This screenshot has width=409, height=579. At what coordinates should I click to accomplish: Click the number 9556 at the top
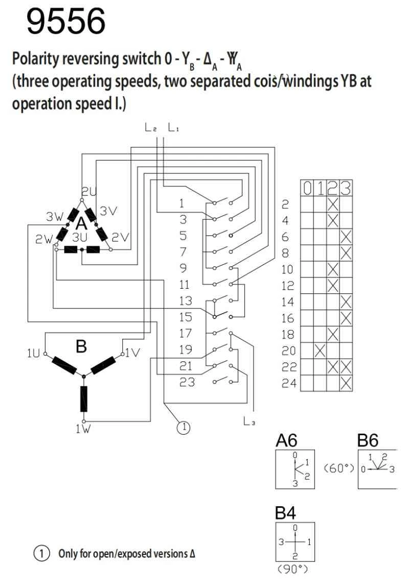pos(66,22)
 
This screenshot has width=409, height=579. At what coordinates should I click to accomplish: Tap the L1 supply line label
pos(174,128)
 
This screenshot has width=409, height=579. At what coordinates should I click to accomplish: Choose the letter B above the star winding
pos(81,347)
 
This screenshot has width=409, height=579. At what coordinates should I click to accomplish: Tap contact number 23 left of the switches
pos(187,382)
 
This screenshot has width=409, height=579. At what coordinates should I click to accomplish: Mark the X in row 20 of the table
pos(320,351)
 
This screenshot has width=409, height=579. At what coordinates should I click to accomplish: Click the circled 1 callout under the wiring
pos(183,425)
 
